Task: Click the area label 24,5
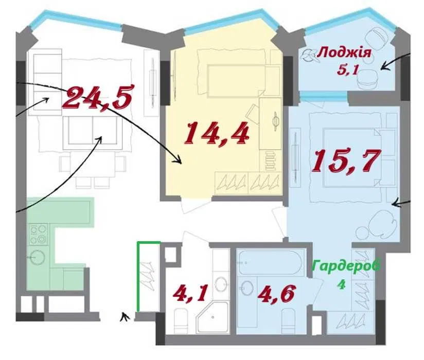(98, 97)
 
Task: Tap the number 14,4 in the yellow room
(216, 133)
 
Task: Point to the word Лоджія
(344, 52)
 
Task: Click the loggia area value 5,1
(348, 70)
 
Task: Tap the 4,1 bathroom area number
(190, 294)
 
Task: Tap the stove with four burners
(39, 235)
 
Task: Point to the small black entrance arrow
(125, 317)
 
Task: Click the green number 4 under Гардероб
(342, 284)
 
